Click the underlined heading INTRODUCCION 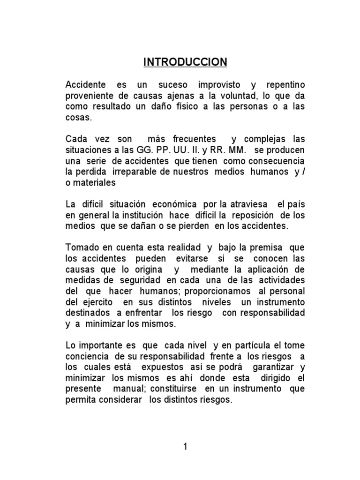coord(185,62)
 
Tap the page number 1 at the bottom coord(186,447)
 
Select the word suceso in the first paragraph coord(173,85)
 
